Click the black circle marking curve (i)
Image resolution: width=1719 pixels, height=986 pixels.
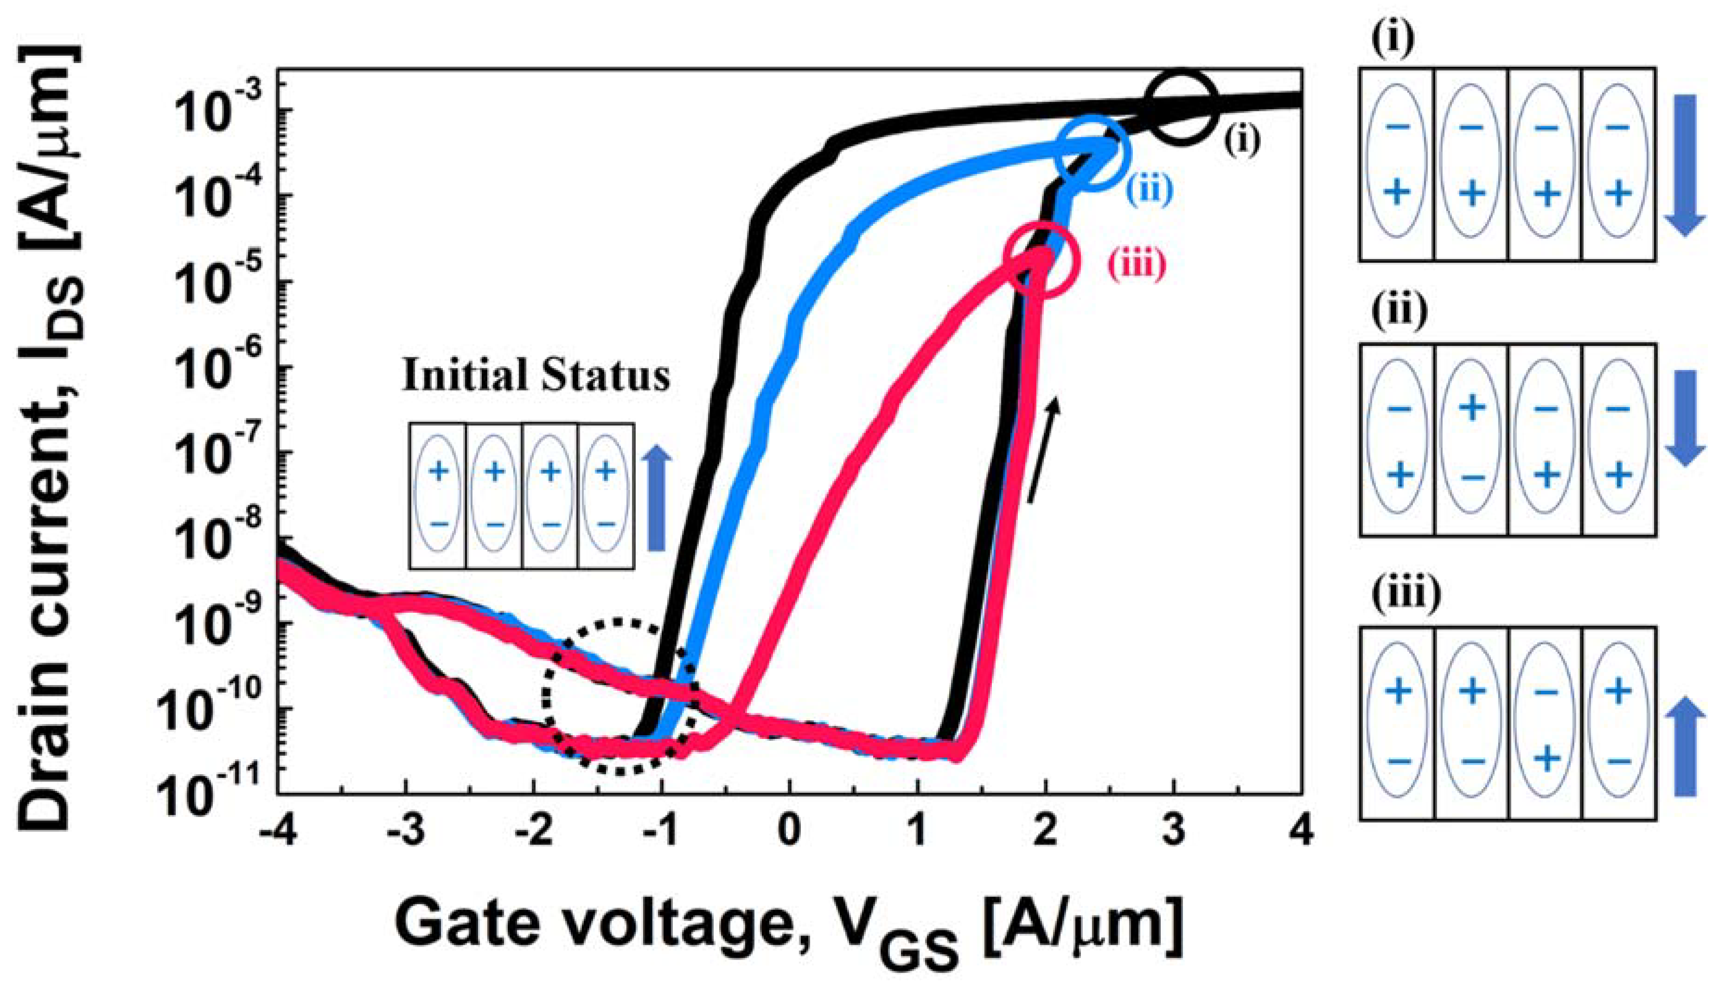[1180, 109]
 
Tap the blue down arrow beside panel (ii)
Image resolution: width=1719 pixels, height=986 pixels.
[1685, 417]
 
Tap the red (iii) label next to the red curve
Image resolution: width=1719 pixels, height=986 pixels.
[1137, 264]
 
